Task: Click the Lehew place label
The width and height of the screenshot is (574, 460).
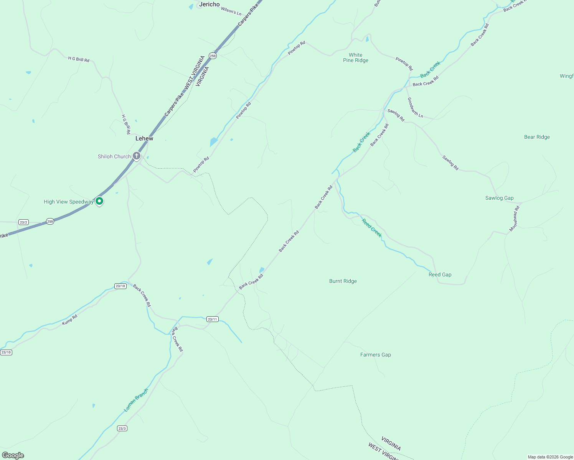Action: (144, 138)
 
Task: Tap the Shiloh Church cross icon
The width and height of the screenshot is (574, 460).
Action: (136, 156)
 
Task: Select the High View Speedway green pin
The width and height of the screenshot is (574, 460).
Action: (99, 201)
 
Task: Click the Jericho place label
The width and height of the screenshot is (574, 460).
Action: (209, 4)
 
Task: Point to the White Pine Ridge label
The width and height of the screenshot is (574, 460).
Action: (356, 58)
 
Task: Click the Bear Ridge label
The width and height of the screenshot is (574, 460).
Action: (537, 137)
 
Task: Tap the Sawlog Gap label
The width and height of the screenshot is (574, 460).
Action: (499, 198)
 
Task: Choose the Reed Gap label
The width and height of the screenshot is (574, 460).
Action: (440, 274)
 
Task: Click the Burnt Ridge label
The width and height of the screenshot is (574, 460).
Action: (343, 281)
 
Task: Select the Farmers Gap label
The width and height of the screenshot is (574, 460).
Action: (375, 355)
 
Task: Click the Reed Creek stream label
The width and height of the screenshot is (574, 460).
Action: (372, 228)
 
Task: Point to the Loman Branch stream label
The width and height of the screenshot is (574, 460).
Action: (136, 401)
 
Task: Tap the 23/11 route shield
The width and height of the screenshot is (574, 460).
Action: (212, 319)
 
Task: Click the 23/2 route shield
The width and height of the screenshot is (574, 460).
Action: (23, 222)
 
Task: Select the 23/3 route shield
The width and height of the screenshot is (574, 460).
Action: (122, 428)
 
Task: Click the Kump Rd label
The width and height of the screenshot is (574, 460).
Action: (70, 320)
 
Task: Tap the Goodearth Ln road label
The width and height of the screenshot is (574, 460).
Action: (415, 108)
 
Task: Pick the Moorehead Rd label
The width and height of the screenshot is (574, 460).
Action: (514, 219)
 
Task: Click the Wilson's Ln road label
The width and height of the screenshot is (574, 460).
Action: (231, 11)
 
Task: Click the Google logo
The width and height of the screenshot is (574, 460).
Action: (13, 455)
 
